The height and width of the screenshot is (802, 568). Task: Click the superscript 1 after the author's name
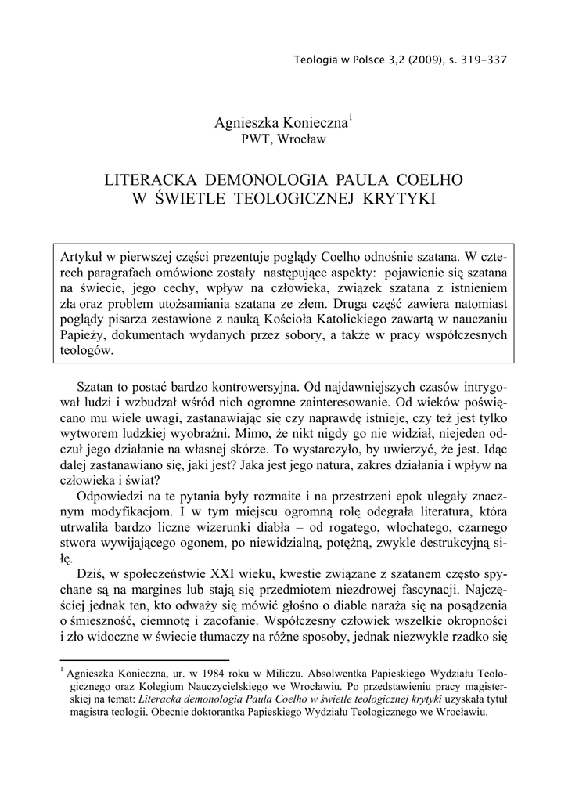[x=351, y=117]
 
